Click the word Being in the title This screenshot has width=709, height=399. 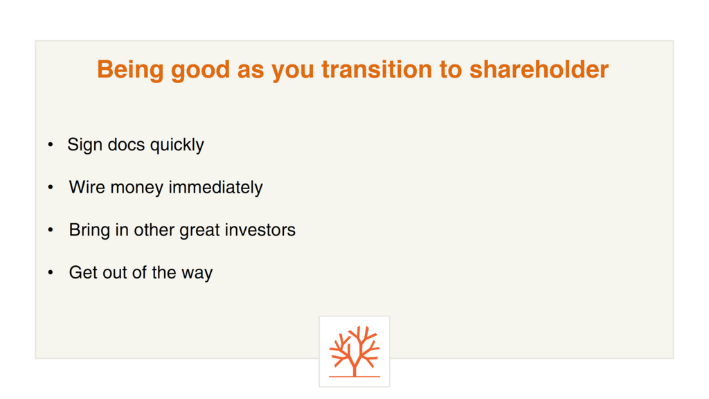(x=130, y=70)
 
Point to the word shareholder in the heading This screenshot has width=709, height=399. (x=539, y=69)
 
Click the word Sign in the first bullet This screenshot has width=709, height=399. (x=84, y=145)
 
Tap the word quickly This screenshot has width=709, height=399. (x=177, y=145)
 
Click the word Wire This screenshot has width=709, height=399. (x=87, y=187)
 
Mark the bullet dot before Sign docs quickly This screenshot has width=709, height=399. (x=51, y=145)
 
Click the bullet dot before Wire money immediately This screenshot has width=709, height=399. (x=51, y=187)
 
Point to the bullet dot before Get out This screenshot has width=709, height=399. (x=51, y=272)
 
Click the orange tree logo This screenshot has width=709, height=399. (x=354, y=351)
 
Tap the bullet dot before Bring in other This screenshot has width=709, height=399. (x=51, y=230)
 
